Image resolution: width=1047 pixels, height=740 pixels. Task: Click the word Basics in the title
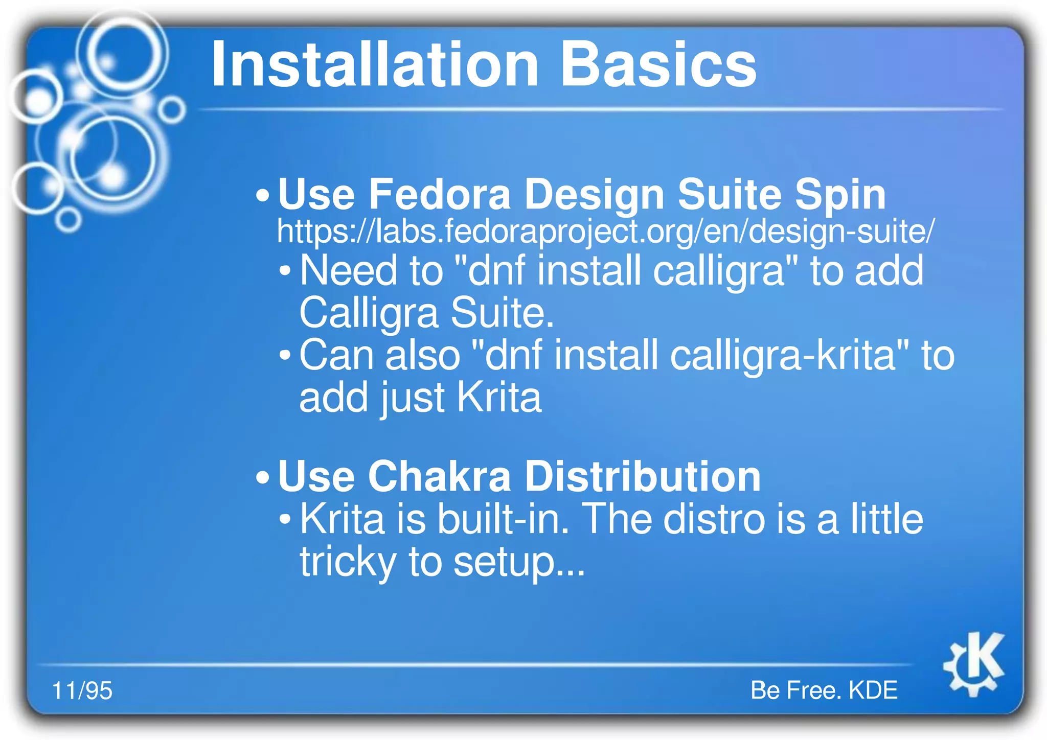(x=658, y=65)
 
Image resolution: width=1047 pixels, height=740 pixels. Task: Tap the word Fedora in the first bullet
(x=440, y=195)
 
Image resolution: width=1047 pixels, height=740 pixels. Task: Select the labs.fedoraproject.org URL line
(x=606, y=232)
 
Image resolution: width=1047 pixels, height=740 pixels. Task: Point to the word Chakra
(x=440, y=476)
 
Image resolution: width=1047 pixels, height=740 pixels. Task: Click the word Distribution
(x=643, y=476)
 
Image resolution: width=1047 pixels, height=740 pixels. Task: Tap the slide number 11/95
(x=82, y=690)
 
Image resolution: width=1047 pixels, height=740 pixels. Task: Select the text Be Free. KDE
(x=824, y=690)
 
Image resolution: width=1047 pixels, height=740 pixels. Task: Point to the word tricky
(x=348, y=562)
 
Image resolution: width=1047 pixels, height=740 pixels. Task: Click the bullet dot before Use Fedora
(x=262, y=196)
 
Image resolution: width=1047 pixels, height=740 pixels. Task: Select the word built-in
(x=504, y=520)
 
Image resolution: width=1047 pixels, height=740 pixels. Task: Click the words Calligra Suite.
(x=426, y=313)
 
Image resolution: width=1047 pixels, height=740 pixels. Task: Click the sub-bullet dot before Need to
(x=285, y=270)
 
